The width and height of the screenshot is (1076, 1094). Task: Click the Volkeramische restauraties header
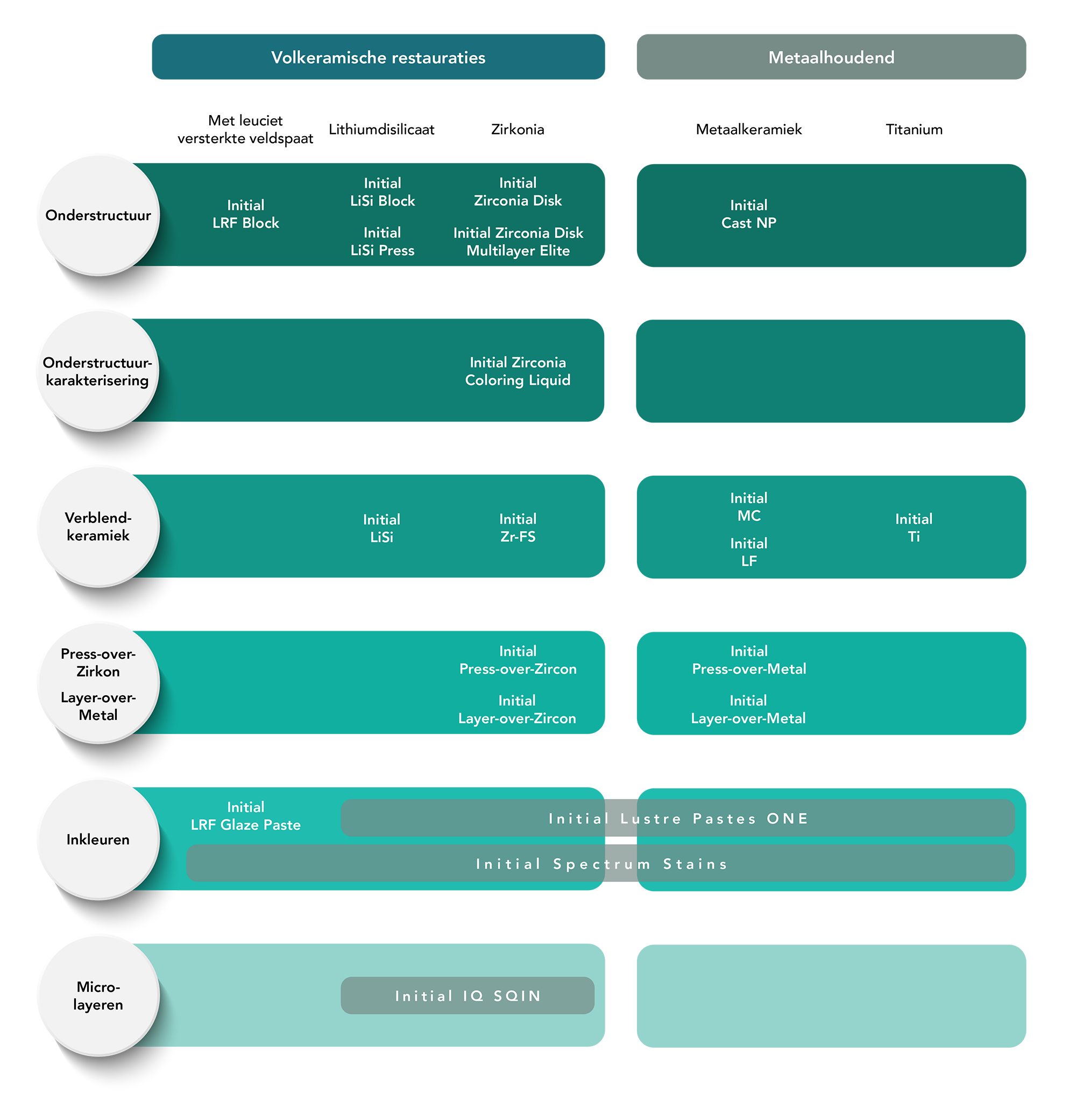tap(378, 58)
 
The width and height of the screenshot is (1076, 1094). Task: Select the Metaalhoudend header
tap(831, 58)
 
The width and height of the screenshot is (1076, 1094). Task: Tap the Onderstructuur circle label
tap(98, 215)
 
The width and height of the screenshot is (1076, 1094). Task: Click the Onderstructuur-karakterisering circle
tap(98, 371)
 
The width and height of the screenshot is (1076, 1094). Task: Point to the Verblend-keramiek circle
tap(98, 526)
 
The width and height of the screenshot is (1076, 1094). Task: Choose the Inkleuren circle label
tap(98, 839)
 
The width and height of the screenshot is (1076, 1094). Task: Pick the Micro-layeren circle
tap(98, 995)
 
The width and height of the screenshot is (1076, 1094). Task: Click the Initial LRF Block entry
tap(245, 214)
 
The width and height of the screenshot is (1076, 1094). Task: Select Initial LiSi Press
tap(382, 242)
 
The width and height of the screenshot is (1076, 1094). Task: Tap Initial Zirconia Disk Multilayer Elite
tap(518, 242)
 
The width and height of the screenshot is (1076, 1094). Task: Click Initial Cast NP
tap(748, 214)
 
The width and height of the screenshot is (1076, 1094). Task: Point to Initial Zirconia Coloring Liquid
tap(518, 371)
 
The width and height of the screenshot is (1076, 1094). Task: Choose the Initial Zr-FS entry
tap(518, 527)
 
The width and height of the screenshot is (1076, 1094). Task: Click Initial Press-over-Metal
tap(749, 660)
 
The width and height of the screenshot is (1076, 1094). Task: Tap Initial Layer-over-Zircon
tap(517, 709)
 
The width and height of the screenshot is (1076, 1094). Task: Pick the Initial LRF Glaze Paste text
tap(245, 815)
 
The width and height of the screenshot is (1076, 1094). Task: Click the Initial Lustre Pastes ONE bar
tap(678, 818)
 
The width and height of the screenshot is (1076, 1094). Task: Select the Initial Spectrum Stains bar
tap(601, 863)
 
